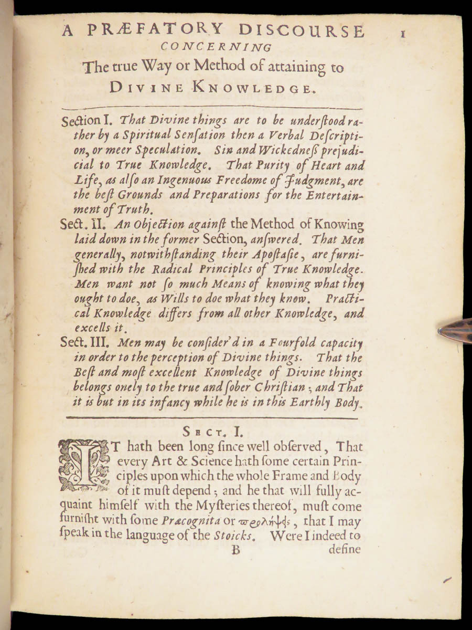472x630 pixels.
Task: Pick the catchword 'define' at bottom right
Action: coord(345,550)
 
